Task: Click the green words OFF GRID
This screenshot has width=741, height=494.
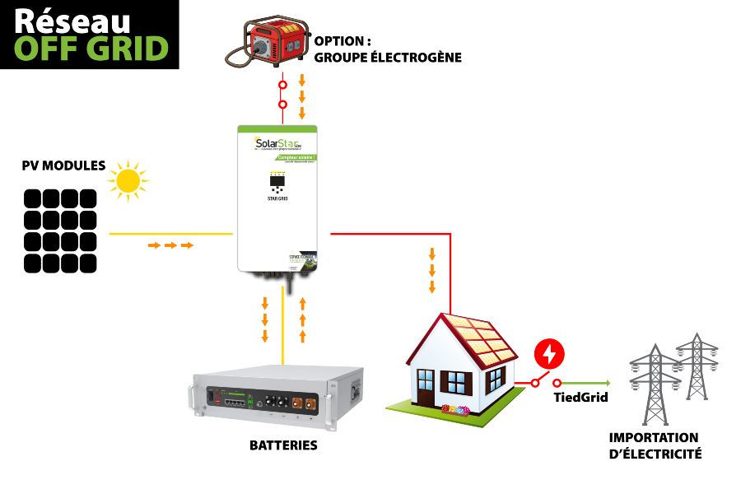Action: click(x=91, y=49)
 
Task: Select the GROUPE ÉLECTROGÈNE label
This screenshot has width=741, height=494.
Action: click(x=388, y=58)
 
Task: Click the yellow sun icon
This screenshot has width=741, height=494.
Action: click(x=128, y=180)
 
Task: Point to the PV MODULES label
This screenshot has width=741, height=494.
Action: click(x=63, y=165)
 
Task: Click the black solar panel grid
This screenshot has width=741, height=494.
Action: click(x=60, y=231)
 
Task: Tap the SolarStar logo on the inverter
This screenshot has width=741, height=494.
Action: click(x=277, y=143)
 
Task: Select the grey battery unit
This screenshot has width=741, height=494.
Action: click(x=277, y=398)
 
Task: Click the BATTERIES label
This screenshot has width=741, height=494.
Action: click(x=283, y=445)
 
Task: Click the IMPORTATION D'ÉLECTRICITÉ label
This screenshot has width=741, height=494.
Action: click(x=655, y=445)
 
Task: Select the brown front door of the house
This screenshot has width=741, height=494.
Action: click(x=425, y=387)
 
